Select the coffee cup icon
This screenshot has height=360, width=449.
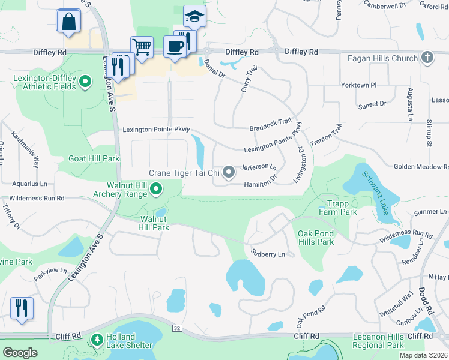click(175, 46)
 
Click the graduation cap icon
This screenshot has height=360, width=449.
click(194, 16)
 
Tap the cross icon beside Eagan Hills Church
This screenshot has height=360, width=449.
click(427, 58)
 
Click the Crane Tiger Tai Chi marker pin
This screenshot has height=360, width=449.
click(229, 173)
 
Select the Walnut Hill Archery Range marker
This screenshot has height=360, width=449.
click(157, 190)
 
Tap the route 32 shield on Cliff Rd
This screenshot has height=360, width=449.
click(176, 328)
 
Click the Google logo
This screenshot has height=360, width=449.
click(20, 353)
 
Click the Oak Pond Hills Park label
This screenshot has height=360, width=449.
click(315, 238)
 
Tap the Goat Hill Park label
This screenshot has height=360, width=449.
click(94, 158)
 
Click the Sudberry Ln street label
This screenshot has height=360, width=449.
click(268, 254)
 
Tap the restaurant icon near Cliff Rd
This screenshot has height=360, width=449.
click(22, 308)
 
